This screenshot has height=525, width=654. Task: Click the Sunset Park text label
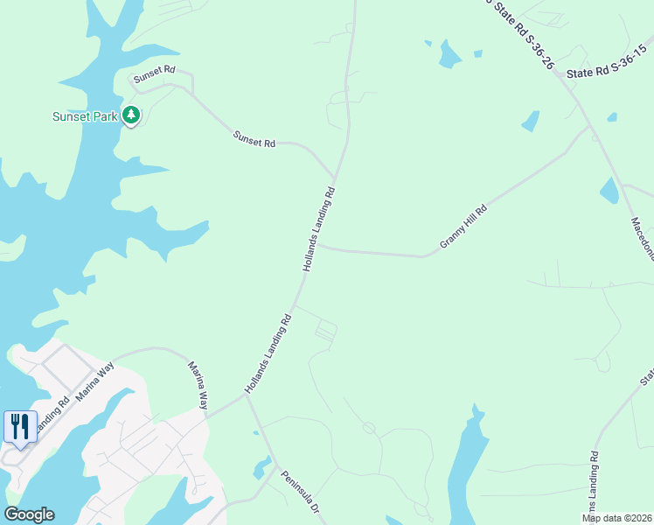(85, 116)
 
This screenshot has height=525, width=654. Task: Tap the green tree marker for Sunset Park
(131, 115)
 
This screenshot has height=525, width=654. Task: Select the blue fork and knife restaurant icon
(20, 427)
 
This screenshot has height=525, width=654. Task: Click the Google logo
(29, 514)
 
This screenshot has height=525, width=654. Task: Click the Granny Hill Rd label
(463, 227)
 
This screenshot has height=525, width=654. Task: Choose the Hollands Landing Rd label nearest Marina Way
(268, 353)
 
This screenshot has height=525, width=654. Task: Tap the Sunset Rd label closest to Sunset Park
(155, 78)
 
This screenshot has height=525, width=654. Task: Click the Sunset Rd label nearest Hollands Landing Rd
(254, 138)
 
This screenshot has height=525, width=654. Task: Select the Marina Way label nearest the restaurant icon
(94, 383)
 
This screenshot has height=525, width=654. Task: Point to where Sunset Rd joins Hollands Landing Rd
(335, 176)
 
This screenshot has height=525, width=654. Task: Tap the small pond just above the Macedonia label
(609, 190)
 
